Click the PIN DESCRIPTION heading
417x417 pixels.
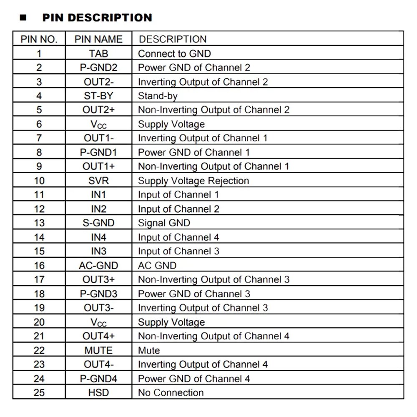[x=97, y=18]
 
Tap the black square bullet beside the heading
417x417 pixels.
[x=23, y=18]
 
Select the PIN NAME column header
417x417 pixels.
[x=98, y=39]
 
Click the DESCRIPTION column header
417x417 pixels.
[x=172, y=39]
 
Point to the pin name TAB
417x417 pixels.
[x=98, y=53]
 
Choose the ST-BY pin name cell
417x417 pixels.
[x=98, y=96]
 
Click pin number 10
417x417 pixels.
[x=39, y=181]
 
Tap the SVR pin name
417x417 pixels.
[x=98, y=181]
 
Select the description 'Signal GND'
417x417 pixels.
[x=164, y=223]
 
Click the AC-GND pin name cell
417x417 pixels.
[x=98, y=266]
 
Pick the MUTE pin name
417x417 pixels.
[x=98, y=350]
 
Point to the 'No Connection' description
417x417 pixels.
[x=171, y=392]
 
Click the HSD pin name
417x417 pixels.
[x=98, y=392]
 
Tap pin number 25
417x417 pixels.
[x=39, y=392]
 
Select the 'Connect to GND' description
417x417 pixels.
[x=174, y=53]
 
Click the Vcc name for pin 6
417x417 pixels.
[x=98, y=124]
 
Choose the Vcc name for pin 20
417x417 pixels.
[x=98, y=322]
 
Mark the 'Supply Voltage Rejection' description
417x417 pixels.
[x=193, y=181]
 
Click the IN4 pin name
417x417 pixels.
[x=98, y=237]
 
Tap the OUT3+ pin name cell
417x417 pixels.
[x=98, y=279]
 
